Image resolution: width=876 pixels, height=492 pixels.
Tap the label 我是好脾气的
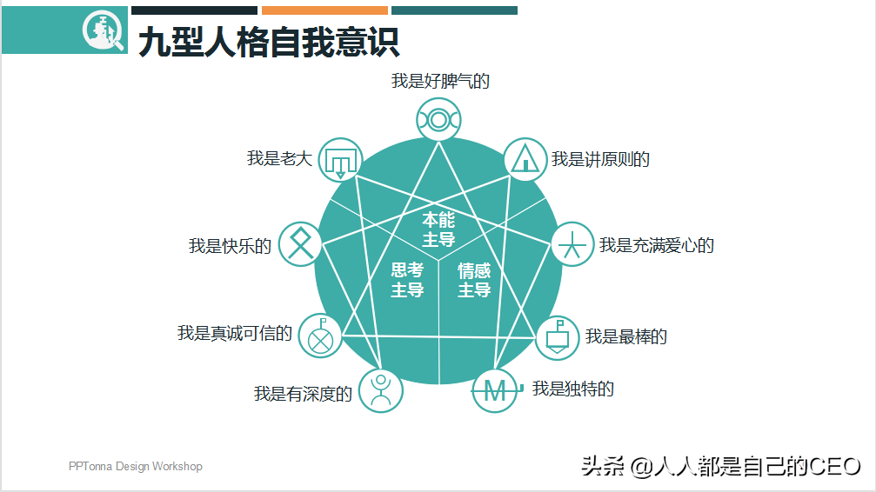pos(440,82)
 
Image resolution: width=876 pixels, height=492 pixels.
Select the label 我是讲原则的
pos(600,159)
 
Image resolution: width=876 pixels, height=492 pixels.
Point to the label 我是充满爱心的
pos(656,245)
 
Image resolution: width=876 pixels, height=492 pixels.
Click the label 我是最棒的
pos(626,336)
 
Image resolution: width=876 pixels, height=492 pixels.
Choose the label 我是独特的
pos(572,389)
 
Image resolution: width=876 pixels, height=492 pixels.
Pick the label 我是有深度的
pos(303,394)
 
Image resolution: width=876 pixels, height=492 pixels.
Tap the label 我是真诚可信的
pos(235,333)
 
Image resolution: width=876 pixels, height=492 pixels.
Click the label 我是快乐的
pos(231,246)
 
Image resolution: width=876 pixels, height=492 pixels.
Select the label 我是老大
pos(279,158)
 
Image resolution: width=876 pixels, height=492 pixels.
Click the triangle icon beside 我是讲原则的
pos(525,159)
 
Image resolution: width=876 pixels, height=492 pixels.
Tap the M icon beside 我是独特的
pos(494,391)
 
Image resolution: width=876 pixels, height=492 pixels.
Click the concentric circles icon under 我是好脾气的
pos(438,119)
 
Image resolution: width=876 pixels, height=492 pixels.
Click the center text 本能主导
pos(438,229)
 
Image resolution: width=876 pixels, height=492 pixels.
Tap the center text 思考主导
pos(407,280)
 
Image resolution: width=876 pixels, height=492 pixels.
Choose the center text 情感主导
pos(474,280)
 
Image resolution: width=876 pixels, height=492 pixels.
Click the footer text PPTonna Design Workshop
pos(136,467)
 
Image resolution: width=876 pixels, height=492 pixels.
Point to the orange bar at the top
pos(324,10)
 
